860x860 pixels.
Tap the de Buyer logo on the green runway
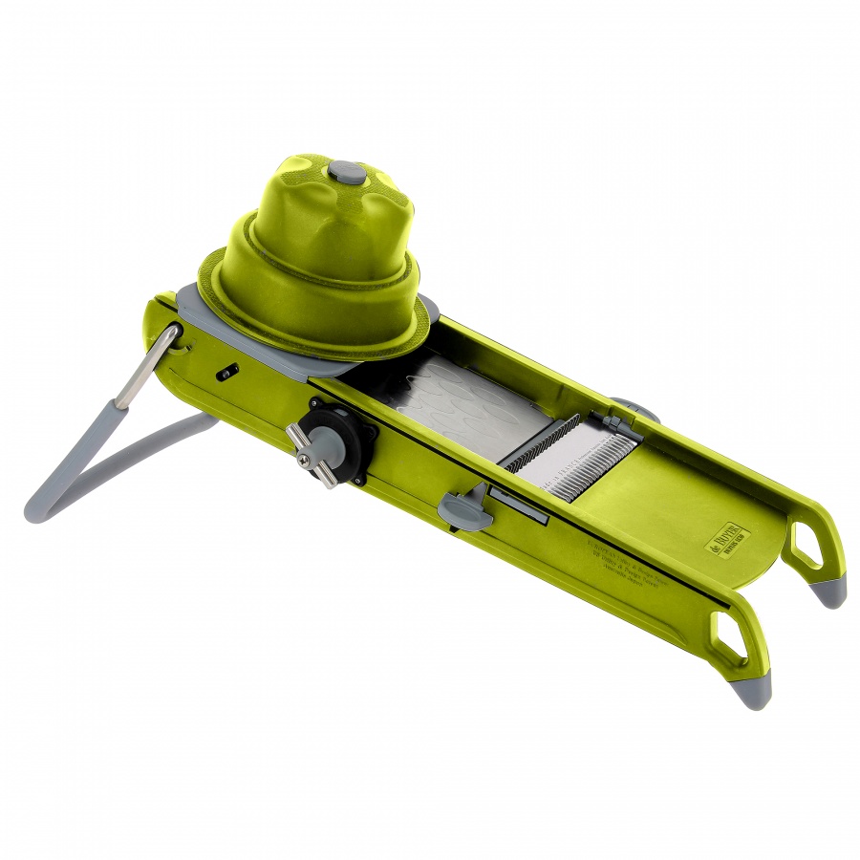coord(728,538)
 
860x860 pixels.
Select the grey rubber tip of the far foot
coord(830,592)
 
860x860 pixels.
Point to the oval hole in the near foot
coord(731,637)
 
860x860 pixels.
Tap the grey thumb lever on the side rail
coord(465,507)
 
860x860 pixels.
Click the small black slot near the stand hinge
coord(226,374)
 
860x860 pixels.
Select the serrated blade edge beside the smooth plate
coord(540,443)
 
